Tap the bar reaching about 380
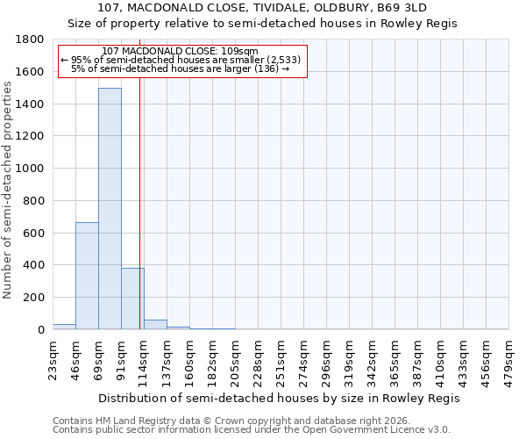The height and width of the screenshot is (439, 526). click(x=132, y=299)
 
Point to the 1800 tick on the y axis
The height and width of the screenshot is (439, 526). click(x=31, y=40)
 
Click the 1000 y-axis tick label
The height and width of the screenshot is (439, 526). click(x=31, y=169)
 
